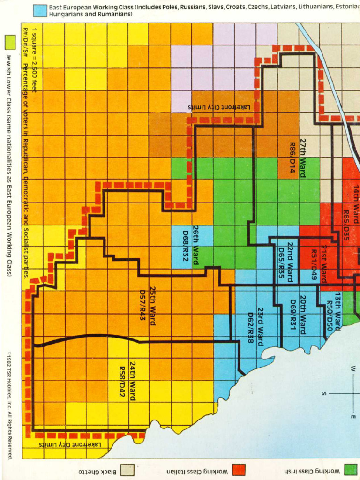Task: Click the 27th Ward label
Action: click(303, 157)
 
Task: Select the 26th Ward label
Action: click(196, 245)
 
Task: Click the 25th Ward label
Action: click(153, 304)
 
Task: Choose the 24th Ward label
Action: click(133, 380)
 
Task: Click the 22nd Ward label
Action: click(291, 261)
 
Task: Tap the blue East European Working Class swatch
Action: click(40, 10)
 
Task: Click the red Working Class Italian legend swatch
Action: click(239, 469)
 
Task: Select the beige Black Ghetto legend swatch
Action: click(127, 469)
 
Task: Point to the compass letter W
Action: click(352, 369)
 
